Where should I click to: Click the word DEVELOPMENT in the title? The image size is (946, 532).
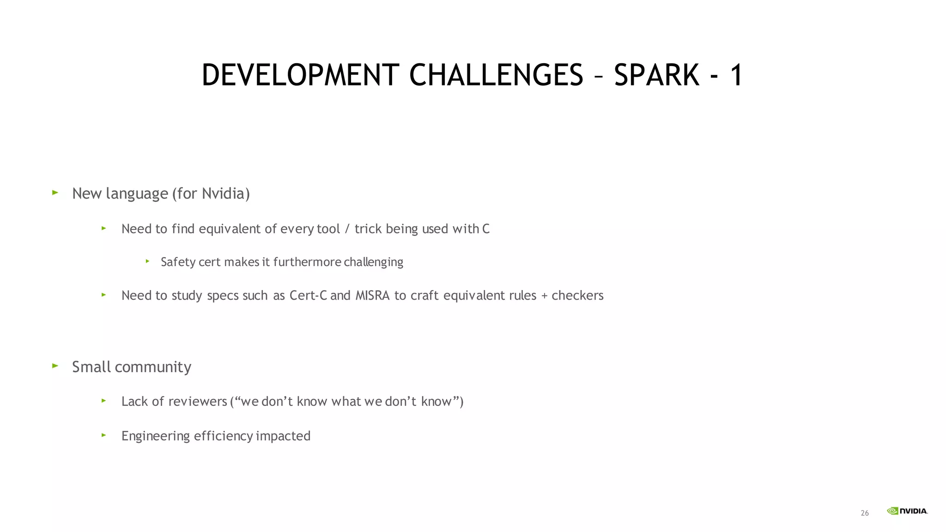(300, 75)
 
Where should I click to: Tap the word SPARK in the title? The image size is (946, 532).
(656, 75)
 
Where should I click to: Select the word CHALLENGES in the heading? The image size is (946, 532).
(496, 75)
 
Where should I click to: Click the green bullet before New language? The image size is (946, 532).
(55, 193)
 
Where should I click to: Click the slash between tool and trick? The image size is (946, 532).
(347, 229)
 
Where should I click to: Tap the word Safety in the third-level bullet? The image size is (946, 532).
(178, 262)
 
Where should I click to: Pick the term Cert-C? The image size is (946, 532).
(308, 296)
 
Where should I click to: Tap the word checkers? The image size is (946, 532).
(577, 296)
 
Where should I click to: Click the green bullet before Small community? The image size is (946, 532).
(55, 366)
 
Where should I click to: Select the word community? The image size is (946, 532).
(153, 367)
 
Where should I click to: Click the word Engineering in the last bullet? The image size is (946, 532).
(156, 436)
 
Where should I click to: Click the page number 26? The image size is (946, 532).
(865, 513)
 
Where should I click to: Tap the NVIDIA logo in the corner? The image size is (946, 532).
(907, 511)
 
